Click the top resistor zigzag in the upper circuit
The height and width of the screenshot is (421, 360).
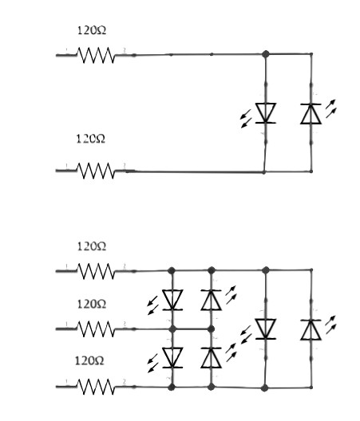(x=97, y=55)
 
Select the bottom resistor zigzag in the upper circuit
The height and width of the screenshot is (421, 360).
(x=97, y=171)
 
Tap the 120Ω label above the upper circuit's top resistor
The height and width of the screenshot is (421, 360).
(x=92, y=30)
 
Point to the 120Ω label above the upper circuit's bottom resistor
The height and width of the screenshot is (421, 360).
(x=91, y=139)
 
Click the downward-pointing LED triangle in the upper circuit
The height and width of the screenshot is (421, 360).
(x=266, y=113)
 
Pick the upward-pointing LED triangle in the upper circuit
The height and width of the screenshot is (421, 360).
(x=311, y=114)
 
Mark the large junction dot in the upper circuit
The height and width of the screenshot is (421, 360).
(x=266, y=54)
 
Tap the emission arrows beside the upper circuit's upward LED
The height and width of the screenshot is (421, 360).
(x=330, y=108)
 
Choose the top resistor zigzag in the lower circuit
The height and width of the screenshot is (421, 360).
(x=97, y=271)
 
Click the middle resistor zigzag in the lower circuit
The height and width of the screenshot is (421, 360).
(x=97, y=329)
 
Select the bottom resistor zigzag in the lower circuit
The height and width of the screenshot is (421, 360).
(x=97, y=387)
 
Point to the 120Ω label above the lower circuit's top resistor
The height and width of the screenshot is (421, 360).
(x=92, y=246)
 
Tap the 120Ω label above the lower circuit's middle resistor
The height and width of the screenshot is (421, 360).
(x=92, y=305)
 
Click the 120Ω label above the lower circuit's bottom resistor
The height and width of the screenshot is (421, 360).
(x=89, y=361)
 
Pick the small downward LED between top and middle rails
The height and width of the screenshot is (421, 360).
(x=172, y=300)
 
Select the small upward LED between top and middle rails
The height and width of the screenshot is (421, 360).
(x=212, y=300)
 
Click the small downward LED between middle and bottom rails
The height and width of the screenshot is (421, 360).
(x=172, y=358)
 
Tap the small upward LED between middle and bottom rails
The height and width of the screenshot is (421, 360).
(x=212, y=358)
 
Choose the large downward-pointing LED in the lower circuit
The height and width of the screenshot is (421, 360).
(x=266, y=329)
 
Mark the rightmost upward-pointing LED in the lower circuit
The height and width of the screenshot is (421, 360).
(x=311, y=330)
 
